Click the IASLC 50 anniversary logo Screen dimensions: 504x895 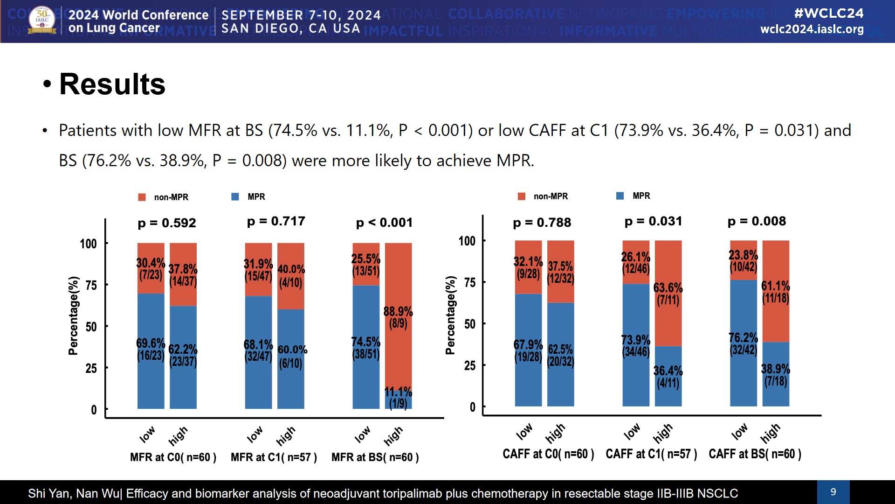pos(42,21)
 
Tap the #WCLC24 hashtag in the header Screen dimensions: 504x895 pos(829,13)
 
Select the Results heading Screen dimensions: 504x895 pos(112,84)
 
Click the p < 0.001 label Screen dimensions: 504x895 pos(384,223)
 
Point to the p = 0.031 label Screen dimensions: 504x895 pos(653,221)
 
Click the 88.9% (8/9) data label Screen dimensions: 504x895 pos(398,317)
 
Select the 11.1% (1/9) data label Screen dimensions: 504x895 pos(398,398)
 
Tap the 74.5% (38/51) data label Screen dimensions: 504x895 pos(365,348)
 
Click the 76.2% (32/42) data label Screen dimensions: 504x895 pos(743,344)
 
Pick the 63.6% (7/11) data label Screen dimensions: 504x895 pos(668,294)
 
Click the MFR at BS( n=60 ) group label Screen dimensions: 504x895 pos(375,457)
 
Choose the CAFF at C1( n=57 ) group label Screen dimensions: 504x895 pos(651,454)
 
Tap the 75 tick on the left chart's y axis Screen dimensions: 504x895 pos(91,285)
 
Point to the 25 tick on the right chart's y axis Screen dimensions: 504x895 pos(469,365)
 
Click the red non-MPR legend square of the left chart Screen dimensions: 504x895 pos(142,197)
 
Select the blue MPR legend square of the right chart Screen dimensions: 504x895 pos(620,196)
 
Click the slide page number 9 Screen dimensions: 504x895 pos(833,492)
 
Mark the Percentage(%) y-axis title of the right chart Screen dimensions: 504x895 pos(450,315)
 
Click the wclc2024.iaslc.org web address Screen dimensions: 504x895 pos(812,29)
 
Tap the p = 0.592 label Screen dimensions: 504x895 pos(167,223)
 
